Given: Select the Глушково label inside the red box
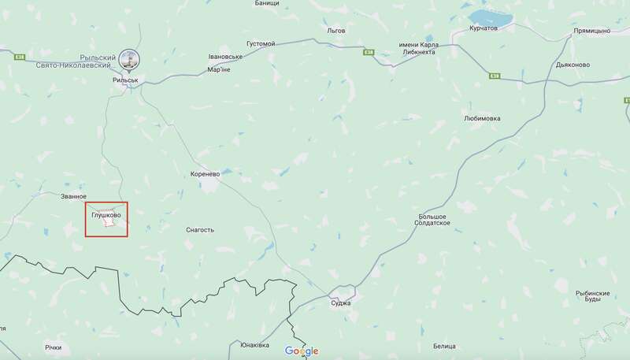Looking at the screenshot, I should [x=106, y=214].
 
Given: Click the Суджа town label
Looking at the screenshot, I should [x=341, y=302].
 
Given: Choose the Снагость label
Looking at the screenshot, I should [x=199, y=230].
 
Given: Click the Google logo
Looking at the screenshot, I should [x=302, y=351].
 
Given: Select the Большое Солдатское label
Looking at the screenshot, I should [x=432, y=220].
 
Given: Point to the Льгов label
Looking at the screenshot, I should [x=337, y=30].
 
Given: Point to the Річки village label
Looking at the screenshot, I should [x=53, y=347].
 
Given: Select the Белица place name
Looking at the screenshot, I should [x=444, y=346].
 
